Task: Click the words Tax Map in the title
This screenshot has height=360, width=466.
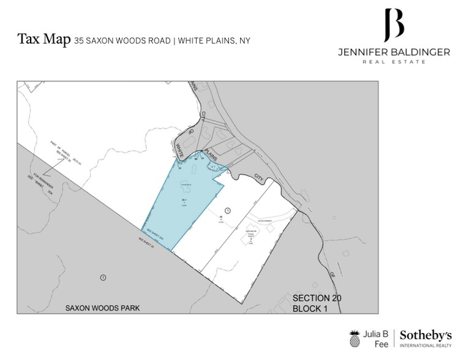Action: point(43,40)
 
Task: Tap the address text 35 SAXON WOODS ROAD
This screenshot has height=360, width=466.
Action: point(122,41)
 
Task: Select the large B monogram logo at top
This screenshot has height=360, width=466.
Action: point(394,24)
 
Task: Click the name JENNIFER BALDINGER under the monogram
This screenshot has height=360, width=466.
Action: point(394,53)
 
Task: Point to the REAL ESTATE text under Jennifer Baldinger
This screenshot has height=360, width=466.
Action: point(394,62)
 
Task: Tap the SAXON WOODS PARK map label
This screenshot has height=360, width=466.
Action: point(103,308)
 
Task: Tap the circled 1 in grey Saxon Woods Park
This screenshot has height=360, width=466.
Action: point(103,277)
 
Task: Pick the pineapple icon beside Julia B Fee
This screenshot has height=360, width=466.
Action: point(355,339)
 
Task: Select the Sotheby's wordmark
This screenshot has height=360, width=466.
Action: point(426,335)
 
